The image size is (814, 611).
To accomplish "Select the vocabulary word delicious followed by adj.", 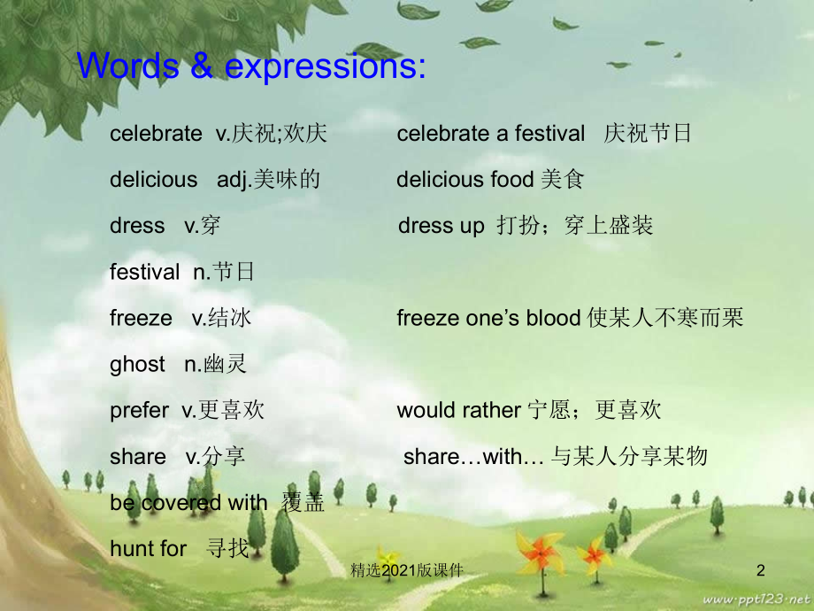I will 154,180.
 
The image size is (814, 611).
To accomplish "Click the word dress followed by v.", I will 137,226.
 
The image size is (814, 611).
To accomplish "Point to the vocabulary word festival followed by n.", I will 144,272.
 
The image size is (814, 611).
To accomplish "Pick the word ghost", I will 137,364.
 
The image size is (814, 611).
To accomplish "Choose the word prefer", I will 139,410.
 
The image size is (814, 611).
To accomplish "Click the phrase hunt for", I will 149,549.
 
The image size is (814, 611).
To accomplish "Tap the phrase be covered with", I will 188,503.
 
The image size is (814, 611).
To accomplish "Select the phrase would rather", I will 458,410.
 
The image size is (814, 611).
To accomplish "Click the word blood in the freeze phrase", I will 554,318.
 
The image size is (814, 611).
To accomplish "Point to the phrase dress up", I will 442,226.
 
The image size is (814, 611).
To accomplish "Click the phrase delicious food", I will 465,180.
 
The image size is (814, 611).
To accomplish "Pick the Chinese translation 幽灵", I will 227,364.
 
